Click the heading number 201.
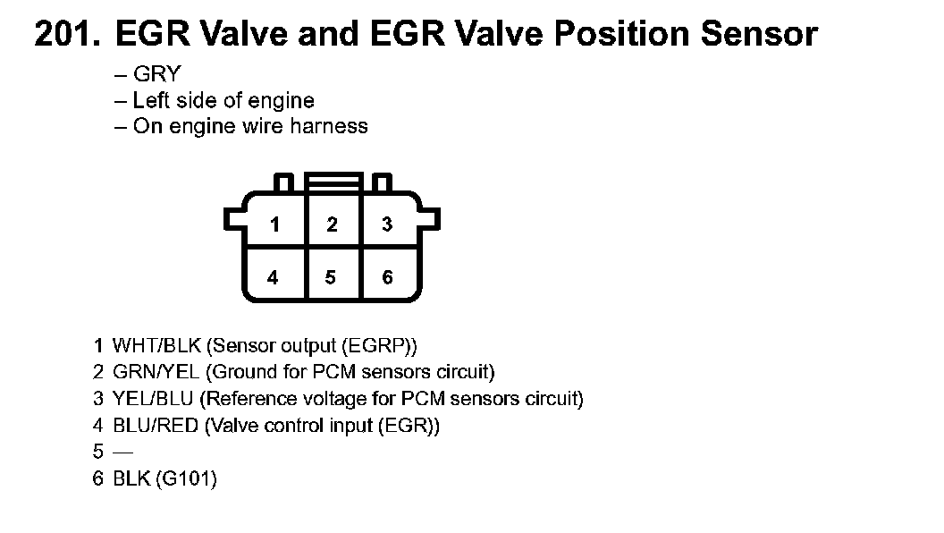68,34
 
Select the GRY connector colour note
156,75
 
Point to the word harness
330,126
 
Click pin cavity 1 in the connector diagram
274,224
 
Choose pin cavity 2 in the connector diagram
332,224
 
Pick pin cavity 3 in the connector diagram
387,224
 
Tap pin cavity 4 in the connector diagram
273,277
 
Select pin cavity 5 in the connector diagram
331,277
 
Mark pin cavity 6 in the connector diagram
387,277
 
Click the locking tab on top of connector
333,182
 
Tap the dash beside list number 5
122,452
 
